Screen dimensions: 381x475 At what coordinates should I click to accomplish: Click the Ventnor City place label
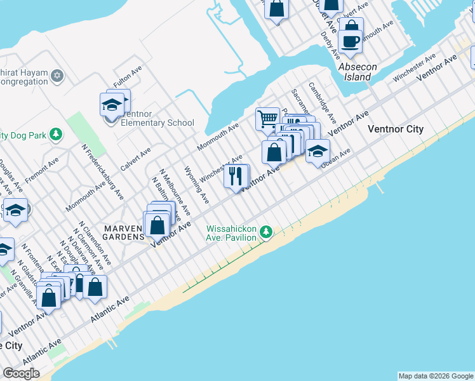(x=395, y=129)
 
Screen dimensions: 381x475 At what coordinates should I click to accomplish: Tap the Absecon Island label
(x=358, y=72)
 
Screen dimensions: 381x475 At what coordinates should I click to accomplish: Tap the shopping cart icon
(x=267, y=118)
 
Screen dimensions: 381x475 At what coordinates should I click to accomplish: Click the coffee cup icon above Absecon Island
(x=350, y=42)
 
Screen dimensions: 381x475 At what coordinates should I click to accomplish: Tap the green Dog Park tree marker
(x=57, y=134)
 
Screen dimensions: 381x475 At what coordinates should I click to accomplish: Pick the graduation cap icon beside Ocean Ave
(x=317, y=151)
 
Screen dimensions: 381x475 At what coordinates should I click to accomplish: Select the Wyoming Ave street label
(x=196, y=185)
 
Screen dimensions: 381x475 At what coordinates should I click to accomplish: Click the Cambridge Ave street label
(x=322, y=102)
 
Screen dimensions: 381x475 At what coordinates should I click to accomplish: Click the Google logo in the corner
(x=21, y=373)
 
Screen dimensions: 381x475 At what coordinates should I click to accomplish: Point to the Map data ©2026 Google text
(x=436, y=376)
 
